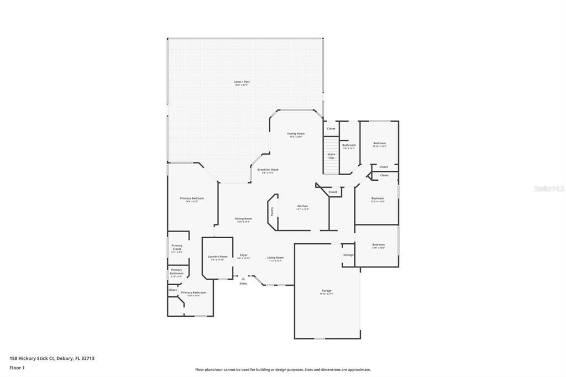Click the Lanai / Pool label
coord(242,82)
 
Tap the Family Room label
coord(296,134)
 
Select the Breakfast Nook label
coord(268,170)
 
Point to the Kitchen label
coord(302,207)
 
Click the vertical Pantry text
coord(272,211)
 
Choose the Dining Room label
coord(244,219)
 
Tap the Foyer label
coord(243,255)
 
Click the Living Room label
coord(275,258)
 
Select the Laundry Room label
coord(217,257)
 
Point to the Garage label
coord(327,291)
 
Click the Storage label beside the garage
coord(348,255)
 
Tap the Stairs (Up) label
coord(331,156)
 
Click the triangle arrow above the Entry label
coord(243,279)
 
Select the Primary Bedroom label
coord(192,198)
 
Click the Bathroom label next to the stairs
coord(349,145)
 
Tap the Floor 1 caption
coord(17,368)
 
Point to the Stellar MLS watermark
coord(549,188)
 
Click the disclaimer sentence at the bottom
coord(282,370)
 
